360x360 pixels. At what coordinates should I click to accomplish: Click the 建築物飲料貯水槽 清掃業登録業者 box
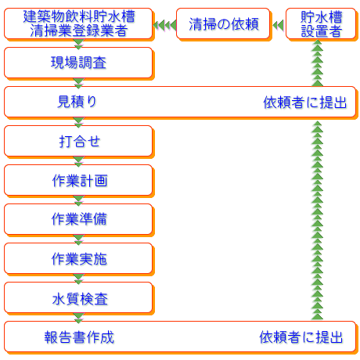pos(78,24)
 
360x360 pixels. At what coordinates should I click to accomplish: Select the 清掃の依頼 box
pos(223,24)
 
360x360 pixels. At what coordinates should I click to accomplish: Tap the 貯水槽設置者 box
pos(318,24)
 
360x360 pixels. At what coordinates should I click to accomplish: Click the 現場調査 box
pos(78,63)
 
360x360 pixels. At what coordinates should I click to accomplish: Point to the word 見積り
pos(78,102)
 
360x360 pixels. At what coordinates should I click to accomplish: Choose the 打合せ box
pos(78,141)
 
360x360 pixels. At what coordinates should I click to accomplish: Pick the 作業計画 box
pos(78,180)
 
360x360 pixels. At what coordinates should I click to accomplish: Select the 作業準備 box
pos(78,219)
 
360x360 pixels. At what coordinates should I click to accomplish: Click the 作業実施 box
pos(78,258)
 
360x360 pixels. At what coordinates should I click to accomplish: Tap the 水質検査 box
pos(78,297)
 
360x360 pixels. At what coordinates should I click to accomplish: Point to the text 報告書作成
pos(79,337)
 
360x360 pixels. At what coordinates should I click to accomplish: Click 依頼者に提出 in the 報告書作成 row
pos(301,337)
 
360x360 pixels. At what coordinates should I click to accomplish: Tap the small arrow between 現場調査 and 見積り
pos(78,82)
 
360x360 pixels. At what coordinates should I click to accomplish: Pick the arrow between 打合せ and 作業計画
pos(78,160)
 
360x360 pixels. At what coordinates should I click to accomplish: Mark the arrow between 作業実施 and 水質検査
pos(78,278)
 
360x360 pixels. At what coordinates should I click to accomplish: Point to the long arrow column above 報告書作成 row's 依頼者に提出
pos(317,219)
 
